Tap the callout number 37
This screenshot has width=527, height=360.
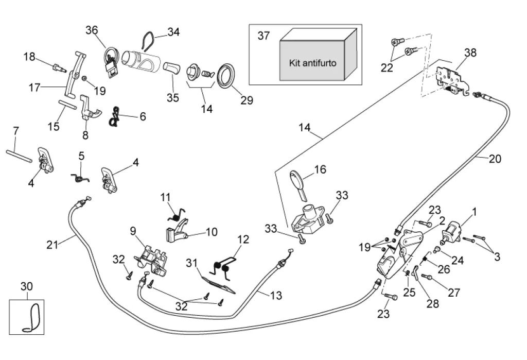click(x=263, y=36)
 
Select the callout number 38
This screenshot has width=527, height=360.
click(x=470, y=52)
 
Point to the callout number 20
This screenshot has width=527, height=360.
click(x=495, y=159)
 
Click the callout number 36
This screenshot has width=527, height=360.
click(x=92, y=30)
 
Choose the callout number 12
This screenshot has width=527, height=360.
click(x=243, y=239)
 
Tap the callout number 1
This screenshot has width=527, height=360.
click(x=474, y=211)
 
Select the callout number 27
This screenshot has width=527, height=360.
click(x=453, y=293)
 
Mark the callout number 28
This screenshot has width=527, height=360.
click(x=433, y=303)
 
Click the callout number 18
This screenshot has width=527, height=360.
click(x=29, y=57)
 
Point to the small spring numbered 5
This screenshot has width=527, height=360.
click(x=80, y=177)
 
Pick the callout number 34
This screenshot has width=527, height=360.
click(x=173, y=32)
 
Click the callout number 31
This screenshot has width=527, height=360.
click(x=191, y=263)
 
